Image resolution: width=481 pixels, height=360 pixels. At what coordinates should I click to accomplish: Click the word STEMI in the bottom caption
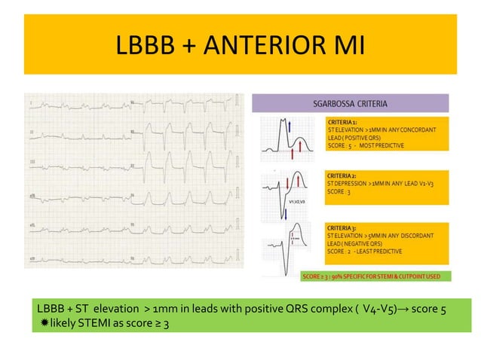94,323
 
